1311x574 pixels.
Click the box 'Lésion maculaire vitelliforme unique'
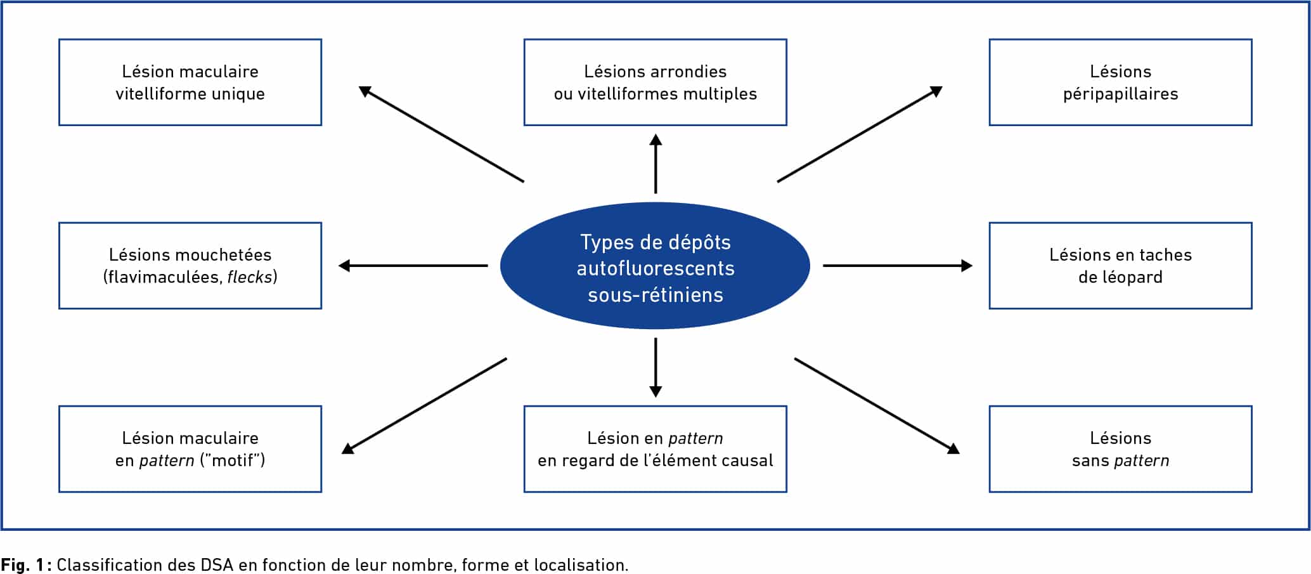(190, 82)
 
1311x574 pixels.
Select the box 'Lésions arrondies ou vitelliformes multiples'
(655, 82)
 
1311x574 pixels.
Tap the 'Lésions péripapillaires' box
(1120, 82)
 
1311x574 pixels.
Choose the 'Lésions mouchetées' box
(190, 266)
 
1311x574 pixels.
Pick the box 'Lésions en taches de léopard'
(1120, 266)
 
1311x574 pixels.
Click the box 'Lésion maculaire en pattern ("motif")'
(190, 449)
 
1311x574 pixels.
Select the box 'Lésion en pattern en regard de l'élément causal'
(655, 449)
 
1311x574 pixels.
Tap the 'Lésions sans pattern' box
(1120, 449)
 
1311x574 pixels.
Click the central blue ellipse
(655, 266)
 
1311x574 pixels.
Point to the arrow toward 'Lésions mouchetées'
(413, 266)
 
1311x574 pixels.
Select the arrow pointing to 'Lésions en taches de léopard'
(898, 266)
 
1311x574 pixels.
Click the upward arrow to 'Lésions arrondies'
(655, 164)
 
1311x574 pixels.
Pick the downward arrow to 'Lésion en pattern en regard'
(655, 368)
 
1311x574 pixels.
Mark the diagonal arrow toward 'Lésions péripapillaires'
(860, 134)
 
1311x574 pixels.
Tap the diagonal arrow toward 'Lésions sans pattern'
(877, 407)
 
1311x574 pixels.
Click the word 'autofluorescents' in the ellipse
(655, 268)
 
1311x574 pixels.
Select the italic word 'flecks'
(249, 277)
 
